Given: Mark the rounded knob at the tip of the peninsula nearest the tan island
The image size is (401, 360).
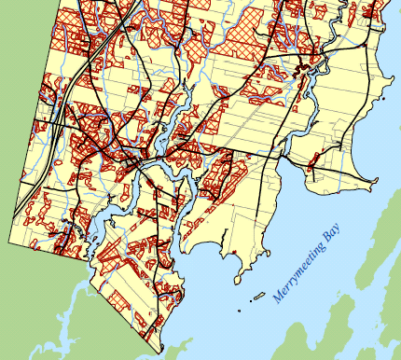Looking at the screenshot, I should pyautogui.click(x=244, y=274).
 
